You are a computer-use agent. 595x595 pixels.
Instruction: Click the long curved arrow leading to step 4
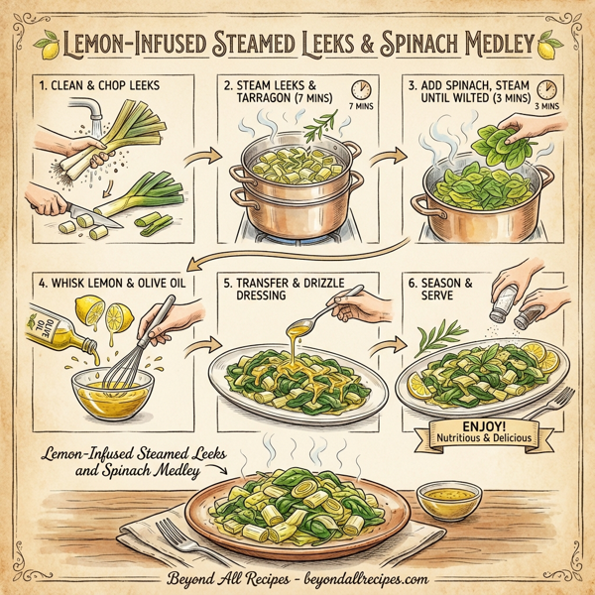pyautogui.click(x=297, y=256)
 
